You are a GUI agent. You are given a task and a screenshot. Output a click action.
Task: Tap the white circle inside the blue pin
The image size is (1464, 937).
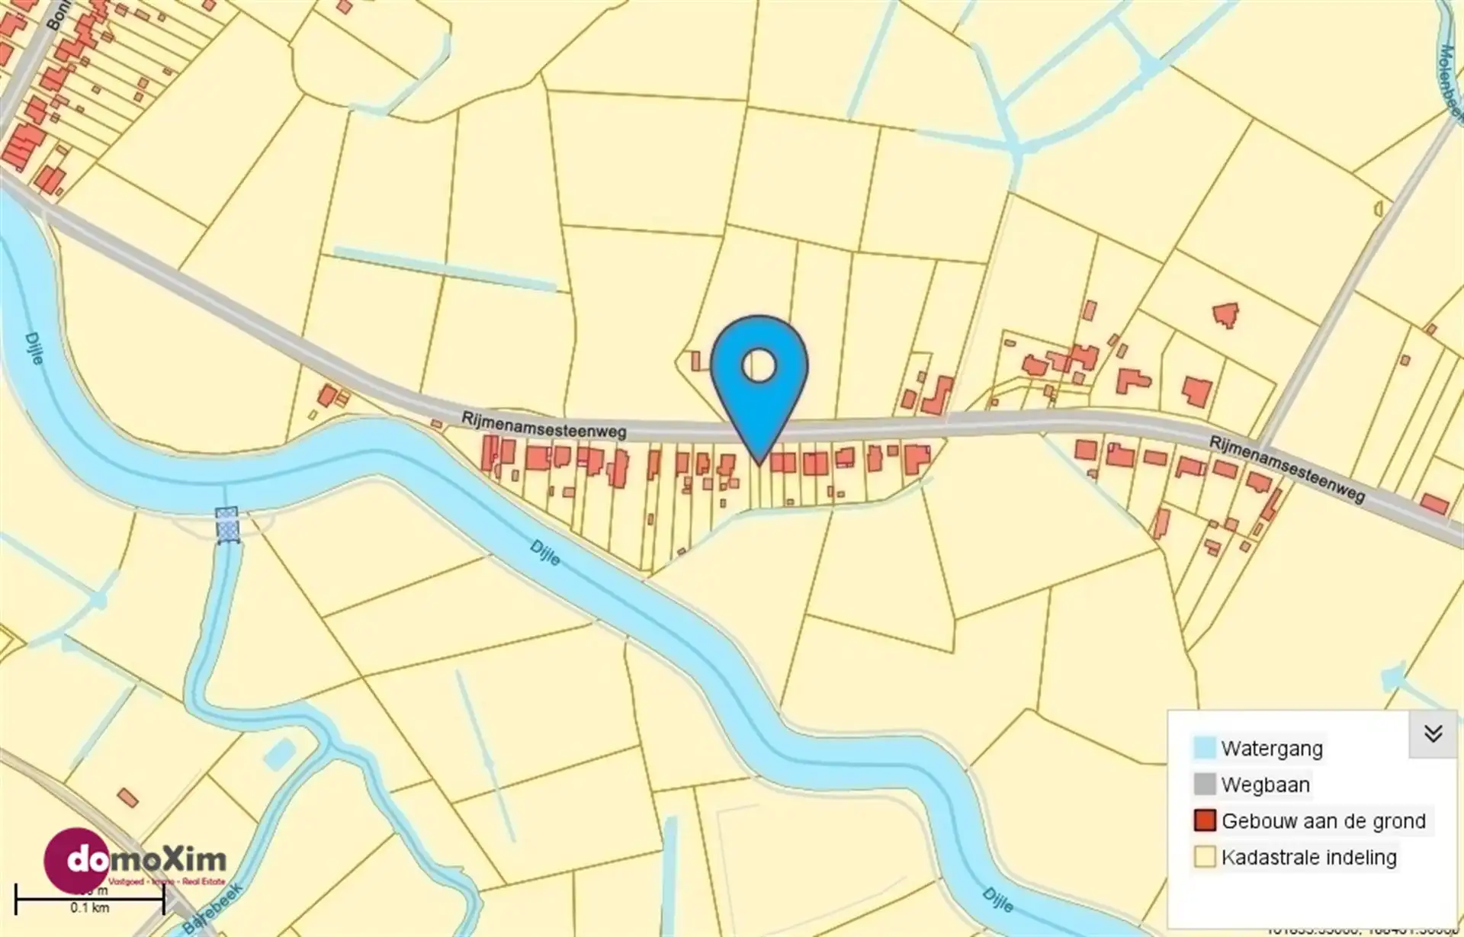[759, 366]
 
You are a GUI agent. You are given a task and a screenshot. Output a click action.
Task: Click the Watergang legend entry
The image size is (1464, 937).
[1271, 748]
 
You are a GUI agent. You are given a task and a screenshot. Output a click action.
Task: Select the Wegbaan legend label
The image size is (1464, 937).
[1265, 785]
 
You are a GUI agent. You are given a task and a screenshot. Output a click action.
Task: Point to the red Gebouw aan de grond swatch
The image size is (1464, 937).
[1205, 820]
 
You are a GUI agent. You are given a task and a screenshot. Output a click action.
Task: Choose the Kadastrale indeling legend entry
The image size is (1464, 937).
[1308, 857]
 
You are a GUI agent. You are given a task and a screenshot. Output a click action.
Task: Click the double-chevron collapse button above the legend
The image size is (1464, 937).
[1433, 733]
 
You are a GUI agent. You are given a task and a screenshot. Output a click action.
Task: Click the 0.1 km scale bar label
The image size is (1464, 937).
[90, 907]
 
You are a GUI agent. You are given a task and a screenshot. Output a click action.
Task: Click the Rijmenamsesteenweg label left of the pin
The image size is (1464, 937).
[544, 425]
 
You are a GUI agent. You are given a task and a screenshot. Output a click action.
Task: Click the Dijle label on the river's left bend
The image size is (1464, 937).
[34, 348]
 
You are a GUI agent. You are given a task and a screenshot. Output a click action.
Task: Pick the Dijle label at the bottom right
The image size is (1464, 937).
[997, 900]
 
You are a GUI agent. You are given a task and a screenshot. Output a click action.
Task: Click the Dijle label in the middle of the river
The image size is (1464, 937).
[545, 552]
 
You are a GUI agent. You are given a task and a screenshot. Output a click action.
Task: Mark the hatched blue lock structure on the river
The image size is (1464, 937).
[226, 525]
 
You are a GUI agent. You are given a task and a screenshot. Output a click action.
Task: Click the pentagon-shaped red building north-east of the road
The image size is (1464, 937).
[1225, 314]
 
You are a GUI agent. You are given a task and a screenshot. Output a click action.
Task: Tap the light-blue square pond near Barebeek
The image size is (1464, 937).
[279, 753]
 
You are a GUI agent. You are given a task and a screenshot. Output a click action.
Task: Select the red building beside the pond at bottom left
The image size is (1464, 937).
[128, 797]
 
